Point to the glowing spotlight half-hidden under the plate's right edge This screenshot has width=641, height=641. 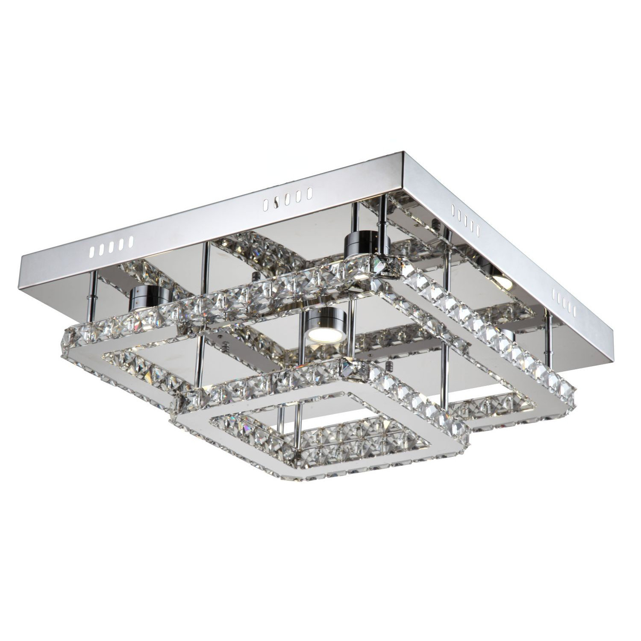500,280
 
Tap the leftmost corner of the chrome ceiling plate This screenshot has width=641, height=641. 21,267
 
